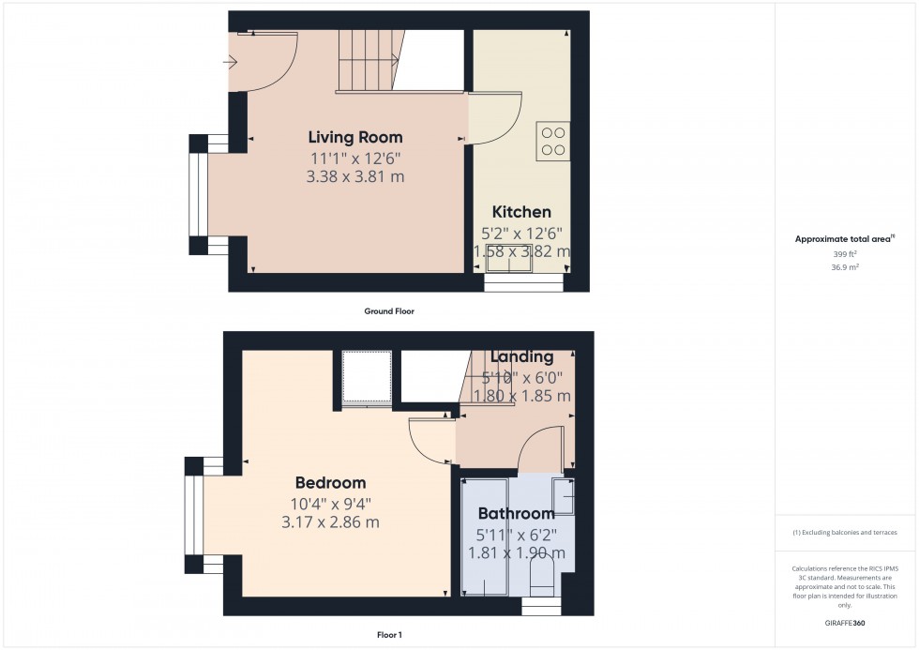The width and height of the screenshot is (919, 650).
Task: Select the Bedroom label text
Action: coord(330,483)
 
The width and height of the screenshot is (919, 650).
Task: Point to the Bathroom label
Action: coord(516,513)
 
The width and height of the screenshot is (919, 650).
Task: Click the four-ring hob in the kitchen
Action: coord(552,141)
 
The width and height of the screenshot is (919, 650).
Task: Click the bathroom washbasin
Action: coord(565,493)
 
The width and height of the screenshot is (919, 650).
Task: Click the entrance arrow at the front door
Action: coord(231,63)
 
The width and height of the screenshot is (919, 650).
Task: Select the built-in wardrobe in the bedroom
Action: coord(366,379)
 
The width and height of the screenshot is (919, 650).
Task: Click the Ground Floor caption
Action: coord(389,310)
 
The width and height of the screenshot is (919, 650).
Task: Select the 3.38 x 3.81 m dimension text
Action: coord(355,175)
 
